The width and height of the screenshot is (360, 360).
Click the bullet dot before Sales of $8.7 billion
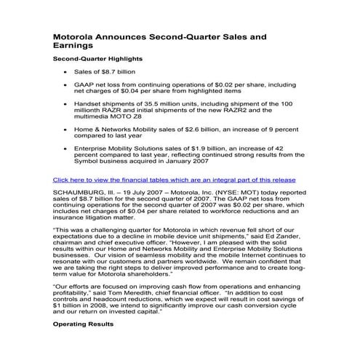pos(67,73)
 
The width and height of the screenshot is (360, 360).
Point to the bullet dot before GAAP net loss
pos(67,85)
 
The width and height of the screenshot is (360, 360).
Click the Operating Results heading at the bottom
pos(84,322)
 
